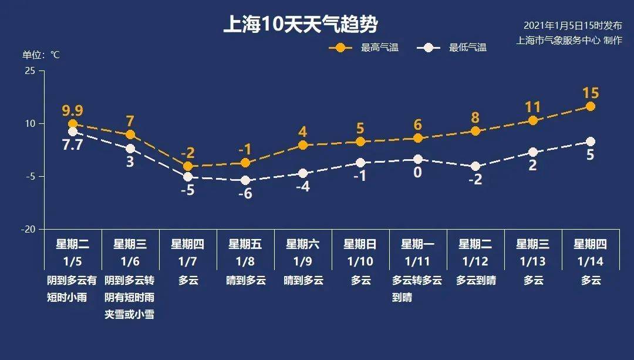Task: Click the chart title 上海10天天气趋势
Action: click(300, 25)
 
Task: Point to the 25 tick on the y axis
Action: click(29, 71)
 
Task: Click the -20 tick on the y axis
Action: click(28, 229)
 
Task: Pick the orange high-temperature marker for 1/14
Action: click(591, 106)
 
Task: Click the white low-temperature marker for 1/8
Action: click(245, 180)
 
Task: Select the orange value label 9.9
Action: click(72, 110)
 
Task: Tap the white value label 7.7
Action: click(72, 144)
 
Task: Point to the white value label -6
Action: click(245, 194)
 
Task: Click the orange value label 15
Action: click(591, 93)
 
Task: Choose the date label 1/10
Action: click(360, 260)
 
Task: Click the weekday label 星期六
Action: click(302, 244)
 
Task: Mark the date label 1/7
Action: click(187, 260)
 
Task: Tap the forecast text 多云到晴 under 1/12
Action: click(475, 280)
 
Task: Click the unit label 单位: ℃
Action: click(41, 55)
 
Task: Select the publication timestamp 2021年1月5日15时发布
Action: click(572, 26)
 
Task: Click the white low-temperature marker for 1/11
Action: click(417, 159)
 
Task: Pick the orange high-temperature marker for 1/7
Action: click(188, 166)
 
